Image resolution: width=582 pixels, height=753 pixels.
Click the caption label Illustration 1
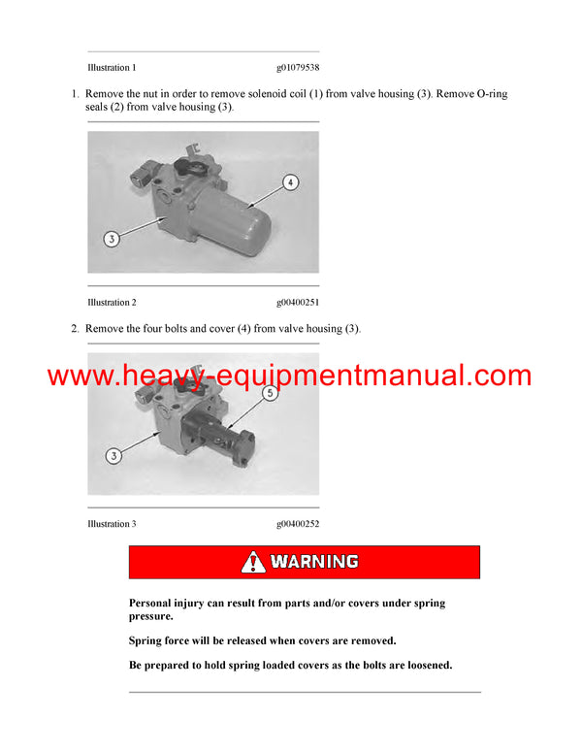pyautogui.click(x=112, y=68)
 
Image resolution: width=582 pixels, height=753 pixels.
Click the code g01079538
pyautogui.click(x=298, y=68)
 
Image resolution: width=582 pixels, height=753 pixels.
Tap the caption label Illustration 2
pyautogui.click(x=112, y=303)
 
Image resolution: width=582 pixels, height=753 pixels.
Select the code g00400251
pyautogui.click(x=298, y=303)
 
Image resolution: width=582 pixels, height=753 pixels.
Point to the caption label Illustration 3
pyautogui.click(x=112, y=524)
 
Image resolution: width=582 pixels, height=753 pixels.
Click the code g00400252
pyautogui.click(x=298, y=524)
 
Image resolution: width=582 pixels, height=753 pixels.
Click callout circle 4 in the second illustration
pyautogui.click(x=289, y=181)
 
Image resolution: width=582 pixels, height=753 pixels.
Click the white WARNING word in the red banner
pyautogui.click(x=314, y=562)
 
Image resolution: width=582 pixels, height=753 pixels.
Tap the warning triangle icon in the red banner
pyautogui.click(x=254, y=562)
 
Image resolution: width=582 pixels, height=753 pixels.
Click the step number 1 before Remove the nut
pyautogui.click(x=75, y=94)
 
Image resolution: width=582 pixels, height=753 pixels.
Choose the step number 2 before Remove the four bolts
pyautogui.click(x=75, y=329)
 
